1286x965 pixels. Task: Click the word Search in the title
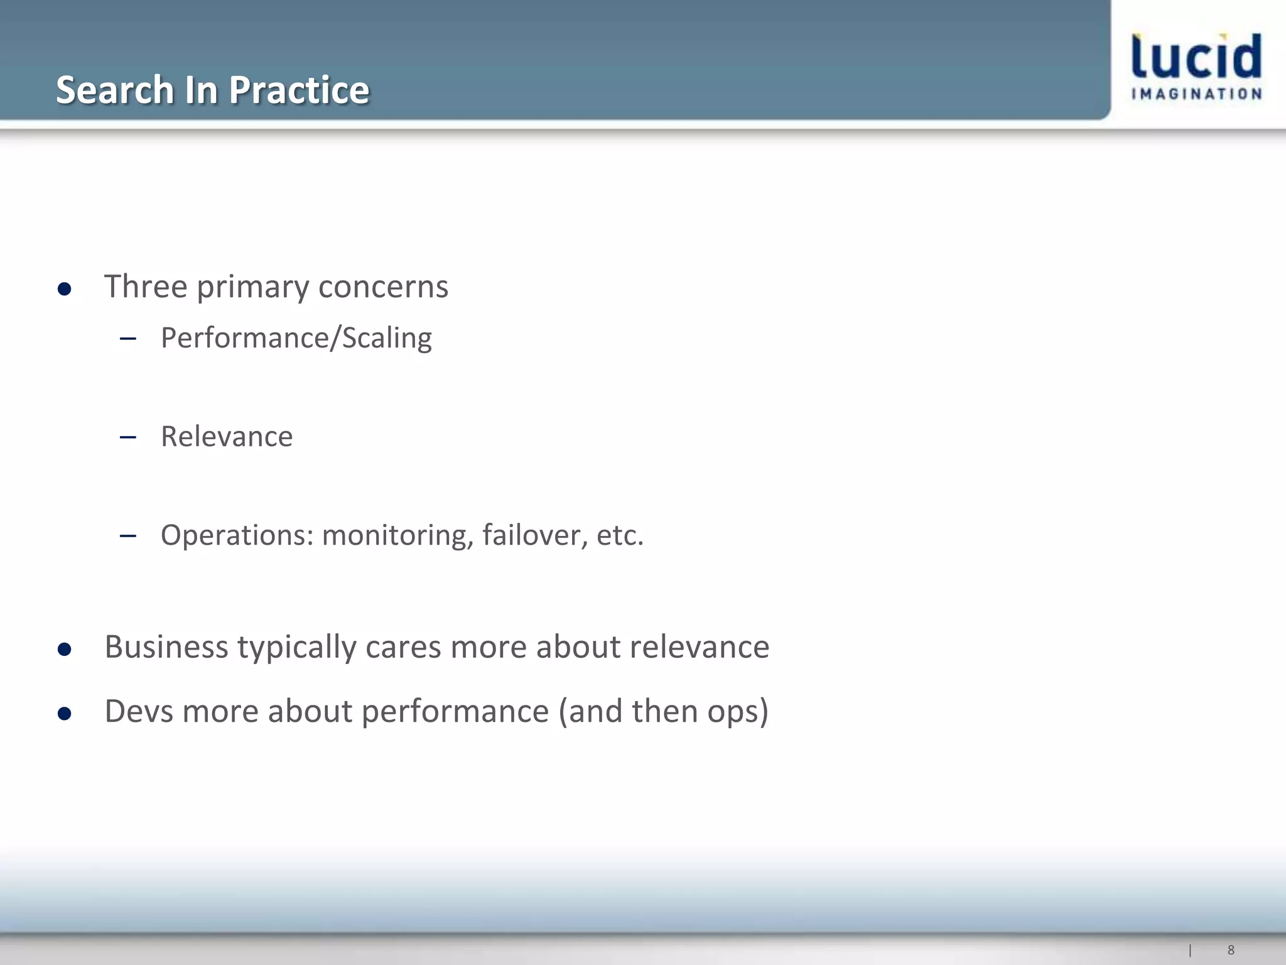[x=114, y=90]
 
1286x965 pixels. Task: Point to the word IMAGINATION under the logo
[x=1196, y=94]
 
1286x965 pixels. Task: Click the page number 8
[x=1231, y=950]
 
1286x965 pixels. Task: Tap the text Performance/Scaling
[x=296, y=338]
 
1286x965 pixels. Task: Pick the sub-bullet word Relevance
[x=227, y=437]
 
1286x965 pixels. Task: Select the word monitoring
[x=397, y=535]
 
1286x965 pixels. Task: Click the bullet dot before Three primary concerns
[x=64, y=289]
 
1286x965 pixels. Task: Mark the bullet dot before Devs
[x=64, y=714]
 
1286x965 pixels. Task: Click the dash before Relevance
[x=128, y=437]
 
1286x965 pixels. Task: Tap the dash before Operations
[x=128, y=536]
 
